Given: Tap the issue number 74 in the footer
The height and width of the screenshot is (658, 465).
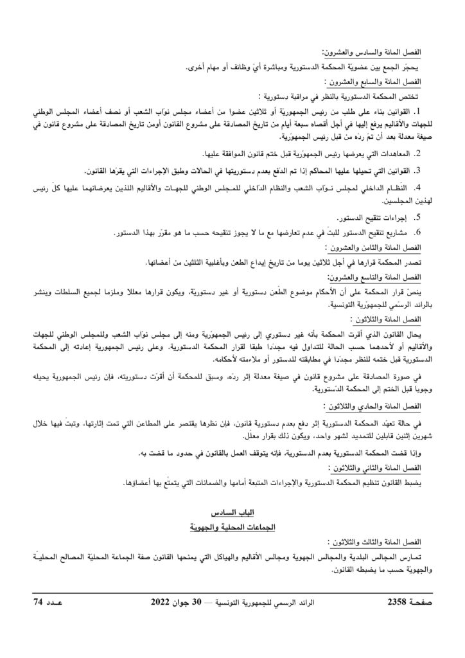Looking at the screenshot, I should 40,601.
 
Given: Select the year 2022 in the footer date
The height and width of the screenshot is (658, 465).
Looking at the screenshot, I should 160,601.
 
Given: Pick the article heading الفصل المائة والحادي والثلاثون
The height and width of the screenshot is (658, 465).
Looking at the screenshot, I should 380,407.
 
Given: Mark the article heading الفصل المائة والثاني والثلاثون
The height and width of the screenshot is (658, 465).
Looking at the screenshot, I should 380,468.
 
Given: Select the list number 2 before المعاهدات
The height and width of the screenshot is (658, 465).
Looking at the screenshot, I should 417,154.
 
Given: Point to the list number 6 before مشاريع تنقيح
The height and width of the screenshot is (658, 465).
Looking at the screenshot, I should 417,232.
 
